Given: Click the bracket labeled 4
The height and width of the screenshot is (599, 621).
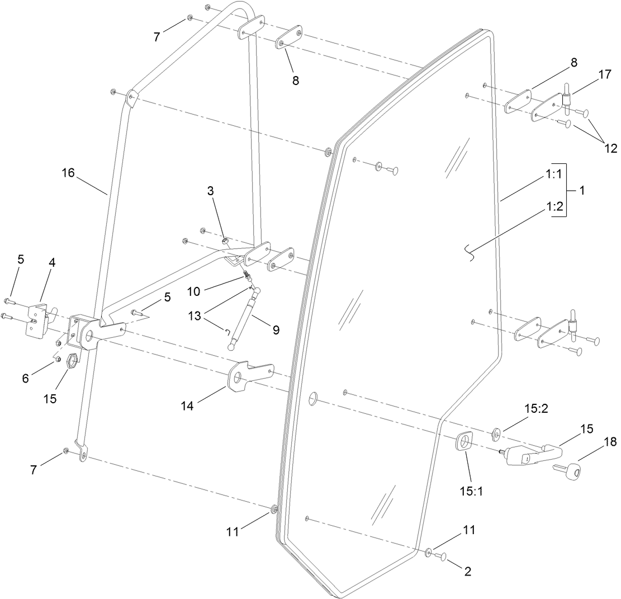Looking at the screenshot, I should (x=38, y=319).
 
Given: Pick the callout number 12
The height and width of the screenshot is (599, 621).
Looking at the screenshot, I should (x=610, y=149).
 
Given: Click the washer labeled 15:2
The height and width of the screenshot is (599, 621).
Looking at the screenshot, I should (x=495, y=434).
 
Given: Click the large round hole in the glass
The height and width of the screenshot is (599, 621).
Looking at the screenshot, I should (x=313, y=398).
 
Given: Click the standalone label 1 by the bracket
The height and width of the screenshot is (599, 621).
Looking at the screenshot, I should (x=582, y=190).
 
